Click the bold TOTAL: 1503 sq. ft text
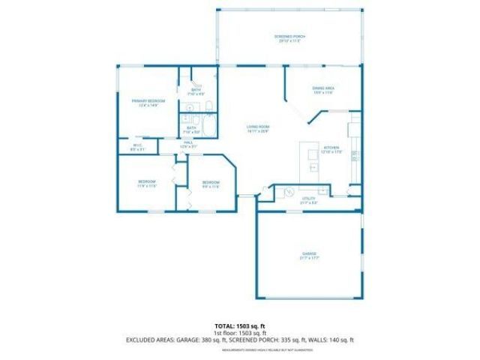tap(239, 326)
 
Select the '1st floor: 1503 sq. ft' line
tap(239, 333)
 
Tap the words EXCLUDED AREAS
tap(149, 340)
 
